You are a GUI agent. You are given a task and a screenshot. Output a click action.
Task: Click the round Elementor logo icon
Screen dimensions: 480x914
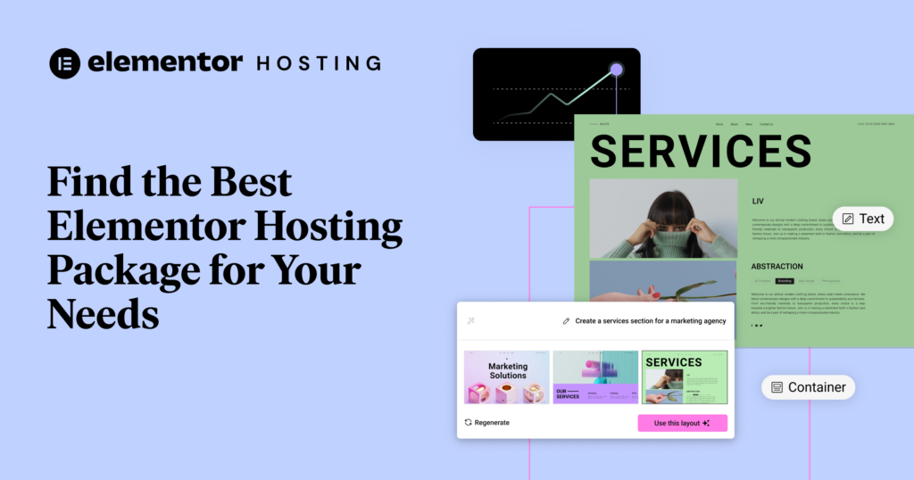coord(65,63)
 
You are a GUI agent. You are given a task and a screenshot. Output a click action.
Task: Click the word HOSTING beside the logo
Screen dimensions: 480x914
coord(318,63)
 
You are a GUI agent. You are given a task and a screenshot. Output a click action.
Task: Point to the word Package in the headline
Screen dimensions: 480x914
coord(122,270)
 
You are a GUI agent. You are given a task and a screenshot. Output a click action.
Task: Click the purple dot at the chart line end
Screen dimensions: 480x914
coord(616,69)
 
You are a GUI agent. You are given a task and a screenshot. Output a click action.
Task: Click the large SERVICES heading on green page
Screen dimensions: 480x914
coord(701,151)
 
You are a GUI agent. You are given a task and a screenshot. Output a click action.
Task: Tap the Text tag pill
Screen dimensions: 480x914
coord(862,219)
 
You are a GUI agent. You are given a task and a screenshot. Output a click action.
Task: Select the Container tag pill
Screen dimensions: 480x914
coord(808,387)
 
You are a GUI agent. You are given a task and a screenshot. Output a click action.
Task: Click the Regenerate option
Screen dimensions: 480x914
coord(487,422)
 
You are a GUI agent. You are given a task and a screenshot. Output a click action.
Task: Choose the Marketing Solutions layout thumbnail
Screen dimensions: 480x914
coord(507,377)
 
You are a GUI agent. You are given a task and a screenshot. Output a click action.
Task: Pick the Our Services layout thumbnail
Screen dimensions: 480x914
coord(594,377)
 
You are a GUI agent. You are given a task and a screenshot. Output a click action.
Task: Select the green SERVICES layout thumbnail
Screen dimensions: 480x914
coord(685,377)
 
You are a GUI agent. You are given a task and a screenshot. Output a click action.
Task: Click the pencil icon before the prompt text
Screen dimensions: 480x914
coord(566,321)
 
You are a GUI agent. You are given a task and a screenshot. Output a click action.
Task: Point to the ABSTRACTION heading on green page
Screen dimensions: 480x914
coord(777,266)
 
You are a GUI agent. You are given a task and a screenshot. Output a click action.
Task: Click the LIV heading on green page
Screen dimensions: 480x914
coord(758,202)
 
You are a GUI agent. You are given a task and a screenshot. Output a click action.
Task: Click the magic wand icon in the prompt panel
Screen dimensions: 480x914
coord(470,321)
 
